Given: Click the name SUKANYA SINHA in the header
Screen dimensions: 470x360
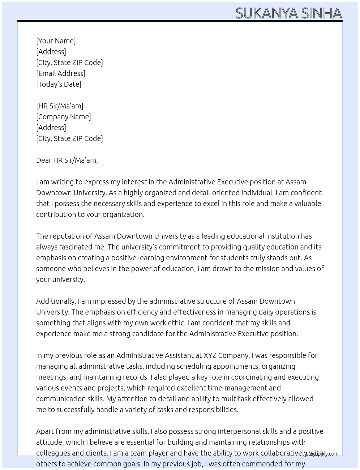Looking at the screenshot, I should [x=288, y=13].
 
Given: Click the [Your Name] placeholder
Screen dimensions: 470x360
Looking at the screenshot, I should [x=56, y=41].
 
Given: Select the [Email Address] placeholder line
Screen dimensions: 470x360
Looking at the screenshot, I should [x=60, y=73].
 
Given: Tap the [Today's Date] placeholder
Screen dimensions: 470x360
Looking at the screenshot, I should [x=59, y=84].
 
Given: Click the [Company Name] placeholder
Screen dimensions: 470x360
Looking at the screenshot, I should [x=63, y=117].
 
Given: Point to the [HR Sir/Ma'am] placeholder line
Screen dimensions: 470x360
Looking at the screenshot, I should [x=60, y=106].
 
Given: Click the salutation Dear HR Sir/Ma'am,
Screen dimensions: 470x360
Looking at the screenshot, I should [x=67, y=160].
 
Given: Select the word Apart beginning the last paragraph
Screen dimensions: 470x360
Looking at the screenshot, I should [x=45, y=431].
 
